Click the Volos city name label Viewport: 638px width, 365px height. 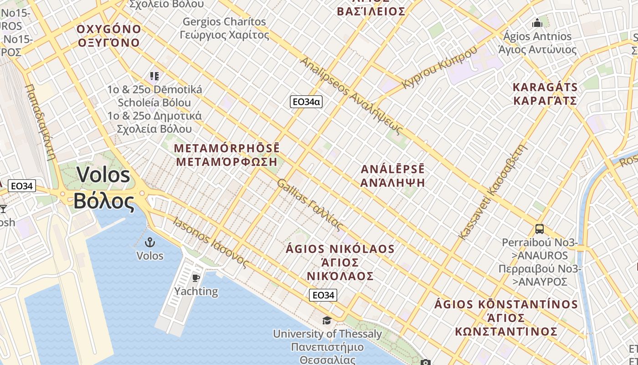[x=104, y=188]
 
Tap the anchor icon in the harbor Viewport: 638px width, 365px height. [x=149, y=243]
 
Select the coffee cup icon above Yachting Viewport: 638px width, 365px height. [x=196, y=278]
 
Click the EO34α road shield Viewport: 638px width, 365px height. [x=306, y=102]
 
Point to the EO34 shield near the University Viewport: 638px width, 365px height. [x=323, y=295]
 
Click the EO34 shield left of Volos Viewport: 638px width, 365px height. [x=21, y=186]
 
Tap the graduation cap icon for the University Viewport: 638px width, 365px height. [x=327, y=321]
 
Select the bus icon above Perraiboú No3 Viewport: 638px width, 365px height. [x=540, y=229]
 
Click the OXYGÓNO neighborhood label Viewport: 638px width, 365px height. [x=109, y=36]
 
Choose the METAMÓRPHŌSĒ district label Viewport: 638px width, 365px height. [x=227, y=155]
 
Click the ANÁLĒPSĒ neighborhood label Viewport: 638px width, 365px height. [x=392, y=176]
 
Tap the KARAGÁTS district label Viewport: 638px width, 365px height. [x=545, y=94]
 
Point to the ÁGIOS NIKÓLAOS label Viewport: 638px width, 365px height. [x=340, y=262]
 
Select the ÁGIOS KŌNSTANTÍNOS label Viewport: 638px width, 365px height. [x=506, y=318]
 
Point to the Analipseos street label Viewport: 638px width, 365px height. [x=351, y=96]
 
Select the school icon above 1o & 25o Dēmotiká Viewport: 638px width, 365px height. [x=154, y=76]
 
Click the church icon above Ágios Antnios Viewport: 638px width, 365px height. [x=537, y=22]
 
